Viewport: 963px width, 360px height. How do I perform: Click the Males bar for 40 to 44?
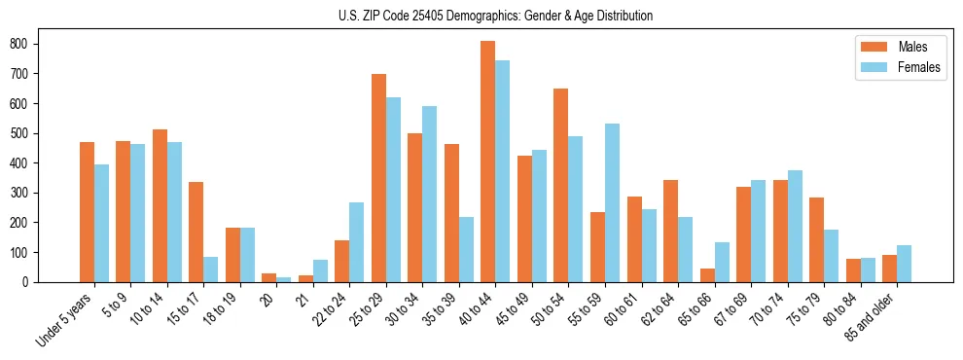pos(487,162)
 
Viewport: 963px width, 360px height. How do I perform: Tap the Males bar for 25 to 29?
pos(378,178)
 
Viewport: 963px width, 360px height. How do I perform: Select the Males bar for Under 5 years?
pos(87,212)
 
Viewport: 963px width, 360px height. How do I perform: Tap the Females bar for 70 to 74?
pos(795,226)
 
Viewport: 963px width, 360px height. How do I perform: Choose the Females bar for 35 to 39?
pos(466,249)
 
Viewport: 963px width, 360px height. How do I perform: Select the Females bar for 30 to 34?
pos(430,194)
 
